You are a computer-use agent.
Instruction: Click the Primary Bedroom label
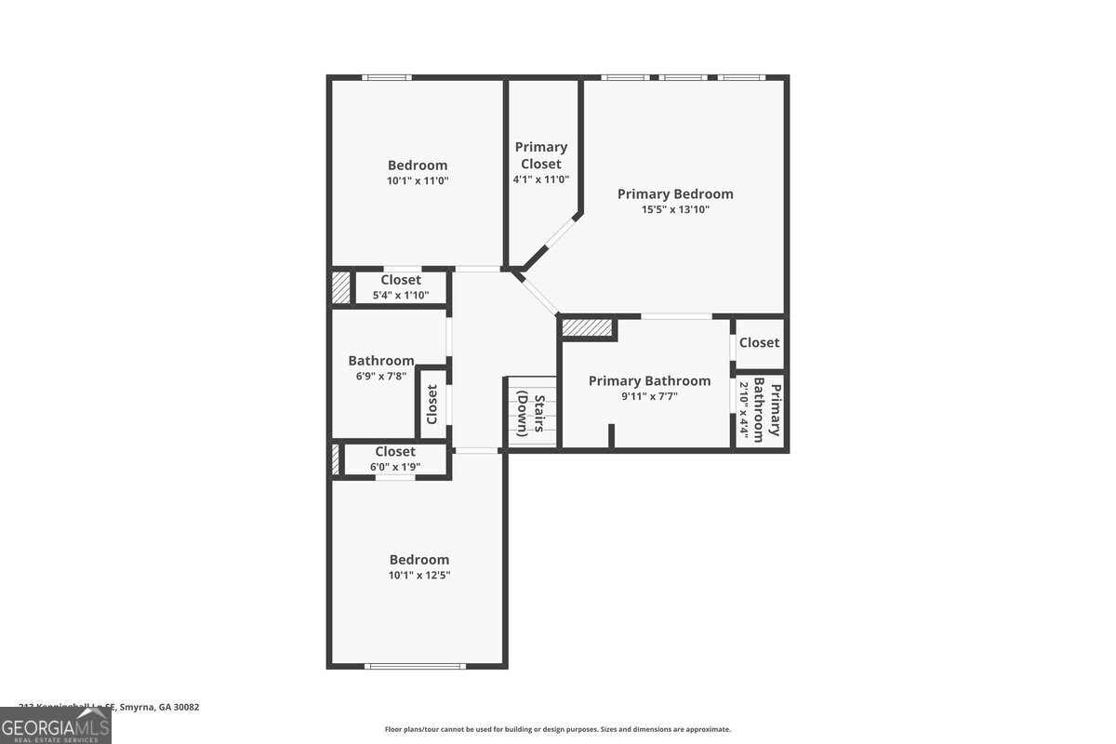[x=675, y=193]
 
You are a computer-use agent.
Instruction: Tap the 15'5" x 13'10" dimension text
[x=675, y=210]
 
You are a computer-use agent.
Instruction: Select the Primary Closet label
[x=541, y=155]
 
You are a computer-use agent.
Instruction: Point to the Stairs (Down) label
[x=531, y=415]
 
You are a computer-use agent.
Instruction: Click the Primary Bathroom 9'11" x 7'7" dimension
[x=649, y=396]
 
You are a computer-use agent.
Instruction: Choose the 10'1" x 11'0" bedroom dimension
[x=418, y=181]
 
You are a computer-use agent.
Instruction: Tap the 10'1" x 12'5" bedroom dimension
[x=418, y=576]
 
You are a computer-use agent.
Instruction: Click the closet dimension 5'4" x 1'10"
[x=401, y=296]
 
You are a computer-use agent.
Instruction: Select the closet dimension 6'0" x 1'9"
[x=395, y=467]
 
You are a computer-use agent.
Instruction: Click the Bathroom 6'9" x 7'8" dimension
[x=381, y=377]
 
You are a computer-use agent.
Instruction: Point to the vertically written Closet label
[x=432, y=405]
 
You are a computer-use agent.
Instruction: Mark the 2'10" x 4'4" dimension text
[x=744, y=409]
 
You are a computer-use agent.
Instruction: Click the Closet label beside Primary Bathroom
[x=759, y=342]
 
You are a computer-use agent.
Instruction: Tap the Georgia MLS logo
[x=55, y=725]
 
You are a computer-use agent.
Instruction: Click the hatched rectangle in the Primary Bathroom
[x=588, y=327]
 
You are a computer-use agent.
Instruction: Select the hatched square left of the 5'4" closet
[x=341, y=287]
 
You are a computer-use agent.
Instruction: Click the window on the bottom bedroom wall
[x=415, y=665]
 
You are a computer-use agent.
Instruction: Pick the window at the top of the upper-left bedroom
[x=387, y=77]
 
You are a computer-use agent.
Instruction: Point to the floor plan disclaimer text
[x=558, y=730]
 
